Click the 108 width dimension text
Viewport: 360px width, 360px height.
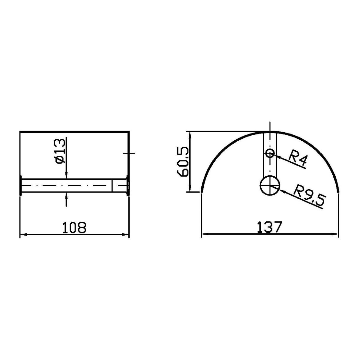(74, 227)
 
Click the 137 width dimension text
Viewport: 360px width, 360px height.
(269, 227)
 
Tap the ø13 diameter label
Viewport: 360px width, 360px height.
(61, 151)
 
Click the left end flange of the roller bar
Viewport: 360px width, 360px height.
(21, 185)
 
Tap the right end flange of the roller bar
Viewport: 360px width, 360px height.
(128, 185)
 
